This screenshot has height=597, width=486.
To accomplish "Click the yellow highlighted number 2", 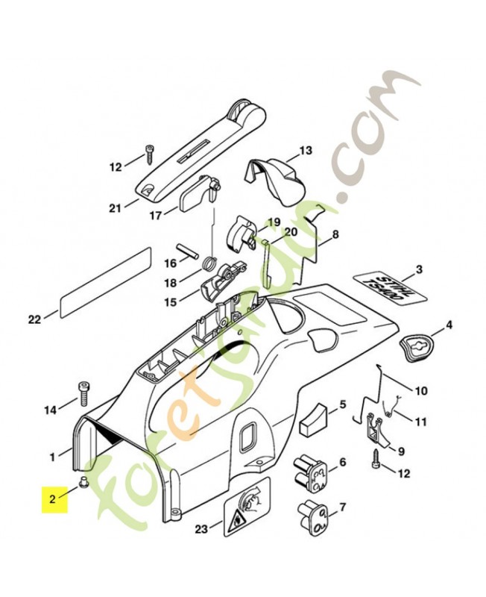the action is [x=53, y=498].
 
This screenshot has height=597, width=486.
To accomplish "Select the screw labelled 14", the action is [x=83, y=394].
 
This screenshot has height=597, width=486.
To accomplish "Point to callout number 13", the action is [x=306, y=151].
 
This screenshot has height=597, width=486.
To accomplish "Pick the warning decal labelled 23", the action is [x=247, y=507].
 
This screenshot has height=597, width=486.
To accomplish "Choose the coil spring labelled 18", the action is [x=209, y=263].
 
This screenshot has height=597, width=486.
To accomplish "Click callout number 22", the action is [x=34, y=319].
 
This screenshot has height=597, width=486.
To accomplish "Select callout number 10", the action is [x=420, y=390].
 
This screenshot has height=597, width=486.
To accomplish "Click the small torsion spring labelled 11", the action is [x=391, y=407].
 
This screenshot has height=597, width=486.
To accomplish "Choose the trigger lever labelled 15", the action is [x=222, y=281].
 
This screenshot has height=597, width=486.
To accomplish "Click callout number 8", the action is [x=335, y=234].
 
